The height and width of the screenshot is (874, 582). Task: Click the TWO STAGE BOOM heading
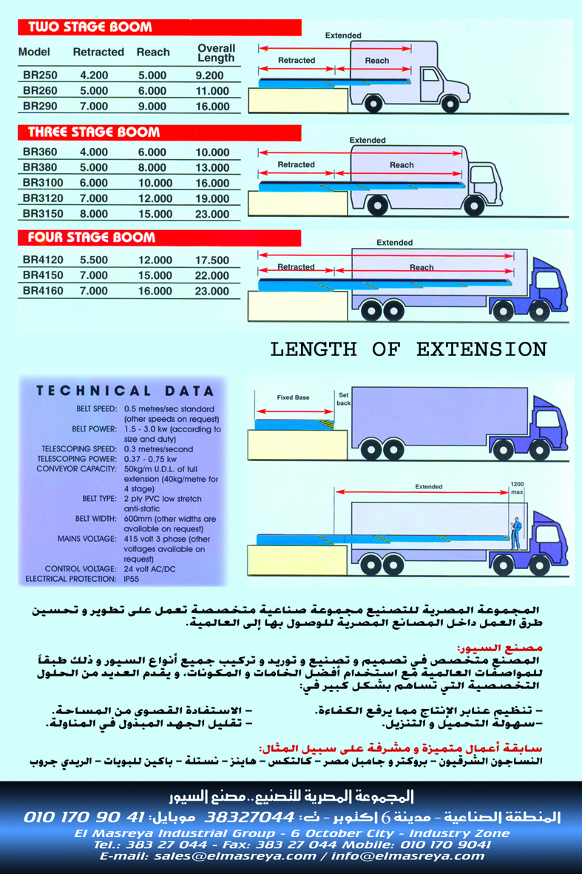click(89, 27)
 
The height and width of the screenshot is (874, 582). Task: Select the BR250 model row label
click(40, 75)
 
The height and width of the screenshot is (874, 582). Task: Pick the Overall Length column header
click(216, 53)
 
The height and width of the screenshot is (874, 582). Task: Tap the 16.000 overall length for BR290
click(212, 107)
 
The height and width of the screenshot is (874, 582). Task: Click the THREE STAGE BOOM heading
click(93, 132)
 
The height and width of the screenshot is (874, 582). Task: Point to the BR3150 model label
click(43, 215)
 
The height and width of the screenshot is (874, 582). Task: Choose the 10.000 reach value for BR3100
click(155, 184)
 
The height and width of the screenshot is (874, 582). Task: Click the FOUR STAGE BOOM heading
click(91, 238)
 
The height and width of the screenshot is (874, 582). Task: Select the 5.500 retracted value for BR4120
click(94, 260)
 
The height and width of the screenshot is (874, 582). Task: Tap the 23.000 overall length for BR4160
click(212, 292)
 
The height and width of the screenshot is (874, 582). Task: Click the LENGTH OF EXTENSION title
click(408, 349)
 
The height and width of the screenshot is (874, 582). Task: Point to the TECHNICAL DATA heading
click(125, 391)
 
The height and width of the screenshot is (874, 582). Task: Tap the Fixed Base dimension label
click(294, 397)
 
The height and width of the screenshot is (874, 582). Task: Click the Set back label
click(343, 399)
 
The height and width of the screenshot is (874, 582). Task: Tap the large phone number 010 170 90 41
click(84, 818)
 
